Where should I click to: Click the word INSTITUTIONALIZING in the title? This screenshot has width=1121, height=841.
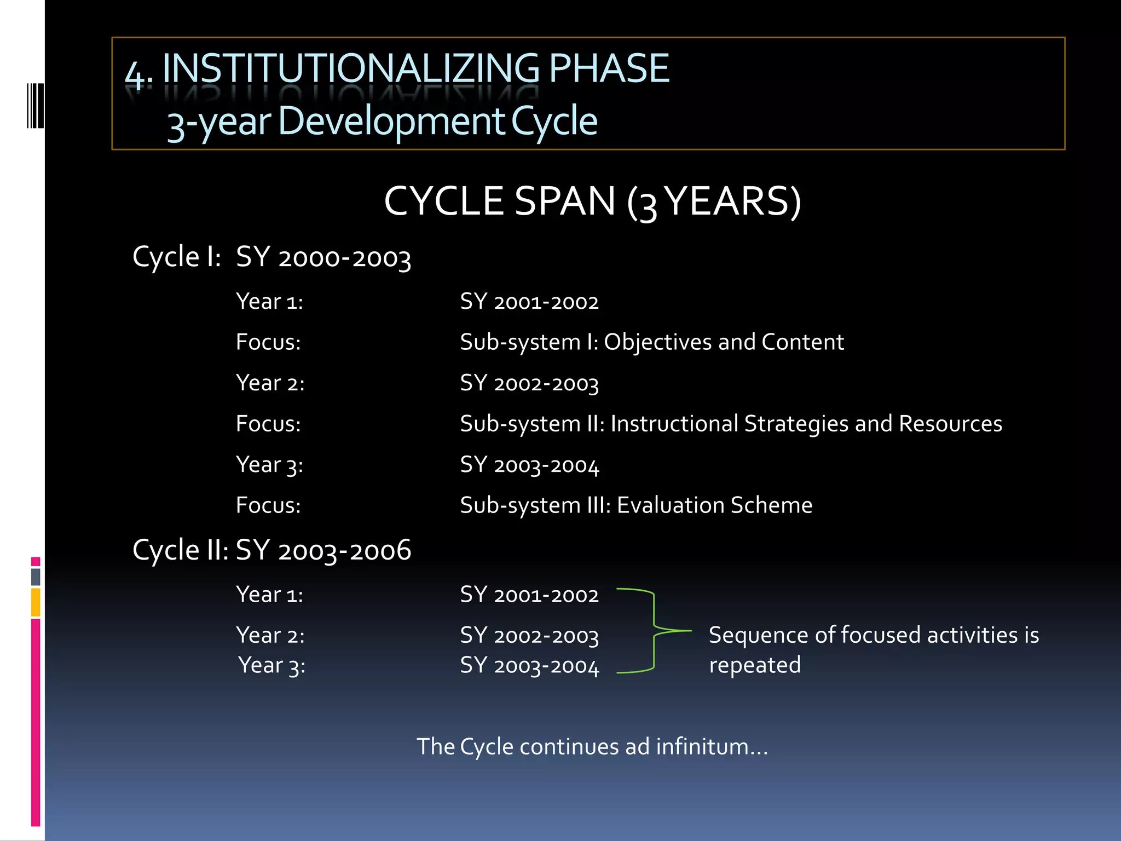350,69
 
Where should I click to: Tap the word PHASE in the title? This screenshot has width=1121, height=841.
609,69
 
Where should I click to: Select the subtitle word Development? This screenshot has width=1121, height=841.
392,122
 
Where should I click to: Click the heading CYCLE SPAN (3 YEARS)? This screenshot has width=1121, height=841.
592,201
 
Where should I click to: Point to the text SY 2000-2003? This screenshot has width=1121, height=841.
323,257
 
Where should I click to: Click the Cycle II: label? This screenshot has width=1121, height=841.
180,550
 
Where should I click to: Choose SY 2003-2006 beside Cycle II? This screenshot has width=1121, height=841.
323,550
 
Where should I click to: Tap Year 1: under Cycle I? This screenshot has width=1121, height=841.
269,302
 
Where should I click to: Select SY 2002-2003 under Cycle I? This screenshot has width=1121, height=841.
529,383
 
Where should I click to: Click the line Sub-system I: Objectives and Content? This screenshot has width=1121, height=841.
651,342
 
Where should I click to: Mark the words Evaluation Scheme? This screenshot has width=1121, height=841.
714,505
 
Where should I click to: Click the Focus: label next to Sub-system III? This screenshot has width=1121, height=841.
268,505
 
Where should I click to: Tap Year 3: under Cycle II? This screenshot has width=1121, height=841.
271,666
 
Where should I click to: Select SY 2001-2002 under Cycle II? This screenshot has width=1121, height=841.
529,595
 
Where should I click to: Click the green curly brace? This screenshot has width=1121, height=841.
654,631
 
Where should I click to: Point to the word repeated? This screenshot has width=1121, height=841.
754,665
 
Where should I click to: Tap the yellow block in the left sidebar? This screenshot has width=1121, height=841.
36,602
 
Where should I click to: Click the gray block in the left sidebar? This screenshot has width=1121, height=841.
36,577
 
